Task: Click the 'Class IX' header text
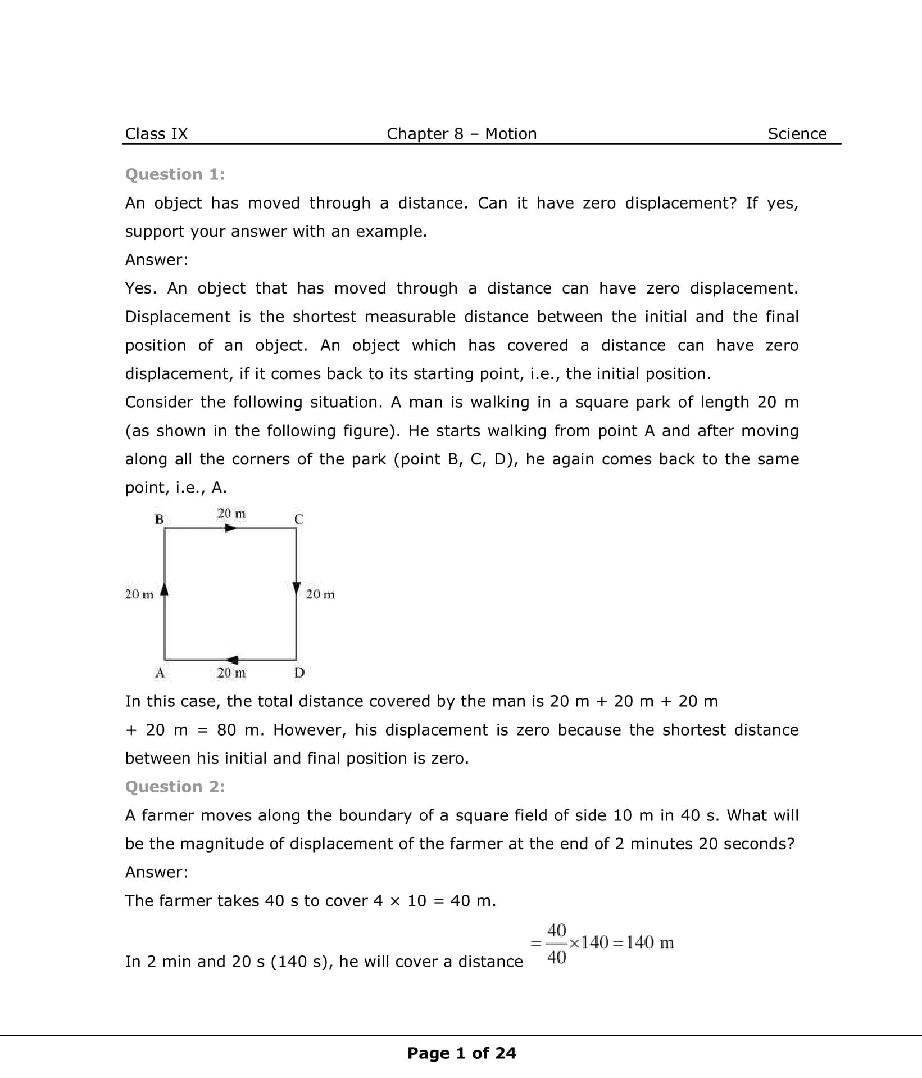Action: (156, 134)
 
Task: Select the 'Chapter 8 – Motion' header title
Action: (461, 134)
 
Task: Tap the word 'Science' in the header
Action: (797, 134)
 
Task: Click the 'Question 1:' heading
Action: (175, 174)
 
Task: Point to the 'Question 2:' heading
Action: (175, 786)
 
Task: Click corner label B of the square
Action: (159, 519)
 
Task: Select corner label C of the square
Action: (299, 519)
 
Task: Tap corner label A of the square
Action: (160, 672)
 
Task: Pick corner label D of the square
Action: (299, 672)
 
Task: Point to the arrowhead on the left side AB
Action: (165, 589)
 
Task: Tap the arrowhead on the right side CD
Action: (297, 587)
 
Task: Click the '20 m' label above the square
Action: (231, 513)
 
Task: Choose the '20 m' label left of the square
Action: (139, 594)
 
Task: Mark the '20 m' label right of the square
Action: (320, 594)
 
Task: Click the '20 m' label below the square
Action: (231, 673)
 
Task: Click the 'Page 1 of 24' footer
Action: (461, 1053)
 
